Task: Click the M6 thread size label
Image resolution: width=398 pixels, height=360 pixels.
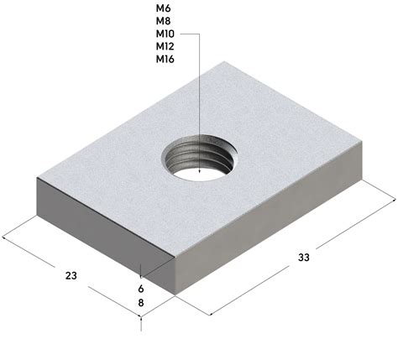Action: [x=163, y=8]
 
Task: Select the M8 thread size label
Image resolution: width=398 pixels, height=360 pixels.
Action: [x=163, y=21]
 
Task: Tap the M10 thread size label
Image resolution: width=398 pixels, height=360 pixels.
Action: [x=165, y=34]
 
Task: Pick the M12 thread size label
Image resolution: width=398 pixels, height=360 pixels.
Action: [x=165, y=46]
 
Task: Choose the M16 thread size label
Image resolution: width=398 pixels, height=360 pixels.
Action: [x=165, y=59]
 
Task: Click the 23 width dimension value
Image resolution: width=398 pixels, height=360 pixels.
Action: [x=71, y=276]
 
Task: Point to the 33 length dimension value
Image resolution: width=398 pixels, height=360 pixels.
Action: [x=304, y=258]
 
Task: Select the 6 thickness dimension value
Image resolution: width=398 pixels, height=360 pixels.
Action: [x=141, y=289]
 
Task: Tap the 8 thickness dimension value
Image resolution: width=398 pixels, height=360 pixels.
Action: [x=141, y=303]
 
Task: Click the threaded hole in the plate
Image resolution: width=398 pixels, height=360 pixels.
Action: [x=199, y=158]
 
